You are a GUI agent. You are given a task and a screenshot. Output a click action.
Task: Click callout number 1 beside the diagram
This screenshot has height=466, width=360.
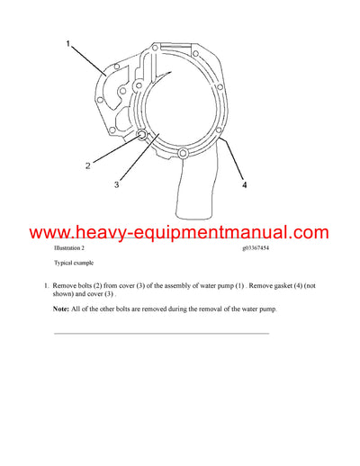(x=66, y=42)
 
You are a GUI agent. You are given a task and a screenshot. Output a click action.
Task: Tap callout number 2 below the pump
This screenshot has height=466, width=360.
(x=87, y=166)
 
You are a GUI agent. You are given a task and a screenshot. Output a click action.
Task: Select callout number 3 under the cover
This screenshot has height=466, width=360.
(x=117, y=186)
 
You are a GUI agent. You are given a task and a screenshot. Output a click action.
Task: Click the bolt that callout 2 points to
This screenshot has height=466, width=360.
(x=143, y=136)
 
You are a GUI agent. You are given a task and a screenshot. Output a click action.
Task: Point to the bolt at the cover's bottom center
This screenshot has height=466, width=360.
(x=184, y=157)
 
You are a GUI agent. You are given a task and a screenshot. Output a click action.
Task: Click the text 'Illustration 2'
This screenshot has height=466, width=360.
(x=69, y=246)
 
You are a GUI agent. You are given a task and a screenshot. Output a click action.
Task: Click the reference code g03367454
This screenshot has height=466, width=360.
(x=261, y=246)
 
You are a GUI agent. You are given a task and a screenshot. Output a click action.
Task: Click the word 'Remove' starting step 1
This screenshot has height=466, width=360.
(x=67, y=284)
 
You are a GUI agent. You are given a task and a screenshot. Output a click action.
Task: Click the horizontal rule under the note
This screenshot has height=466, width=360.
(x=162, y=334)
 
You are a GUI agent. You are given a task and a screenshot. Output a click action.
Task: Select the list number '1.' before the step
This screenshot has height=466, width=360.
(x=46, y=284)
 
